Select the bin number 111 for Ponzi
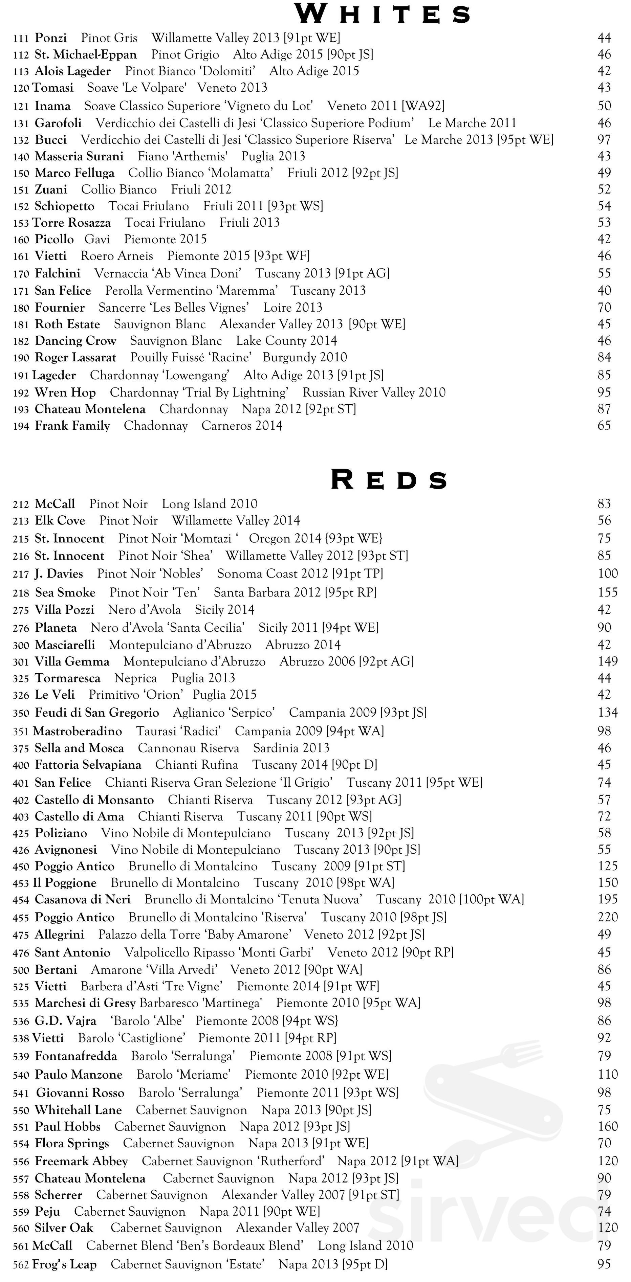point(21,38)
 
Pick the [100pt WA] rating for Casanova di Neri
point(492,899)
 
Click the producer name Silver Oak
point(64,1228)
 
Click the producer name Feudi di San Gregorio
point(96,713)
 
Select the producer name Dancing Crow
point(75,341)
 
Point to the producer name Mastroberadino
point(77,731)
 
